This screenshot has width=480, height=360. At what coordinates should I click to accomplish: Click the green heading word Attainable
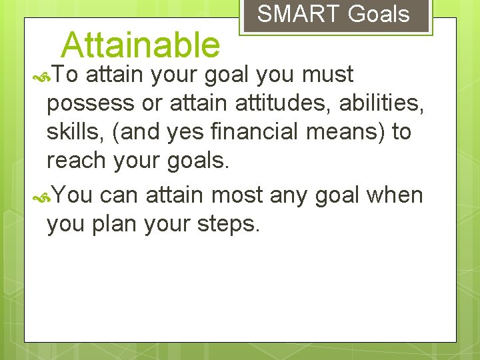pyautogui.click(x=140, y=45)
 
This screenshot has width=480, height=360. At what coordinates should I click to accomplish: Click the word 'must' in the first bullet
pyautogui.click(x=327, y=75)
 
